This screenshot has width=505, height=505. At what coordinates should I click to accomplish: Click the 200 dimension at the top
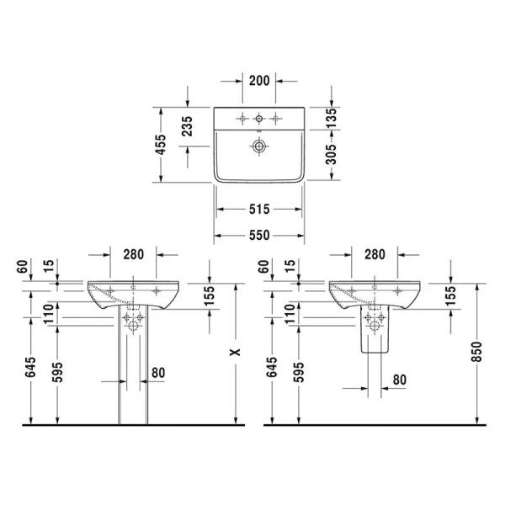click(259, 81)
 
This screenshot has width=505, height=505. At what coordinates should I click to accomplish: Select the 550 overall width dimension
click(258, 236)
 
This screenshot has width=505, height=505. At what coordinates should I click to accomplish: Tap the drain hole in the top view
click(258, 146)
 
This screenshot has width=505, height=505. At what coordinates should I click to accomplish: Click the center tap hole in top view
click(258, 117)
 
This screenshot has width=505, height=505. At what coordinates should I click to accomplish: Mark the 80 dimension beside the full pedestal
click(157, 372)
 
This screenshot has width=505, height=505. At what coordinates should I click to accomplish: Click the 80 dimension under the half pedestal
click(399, 380)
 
